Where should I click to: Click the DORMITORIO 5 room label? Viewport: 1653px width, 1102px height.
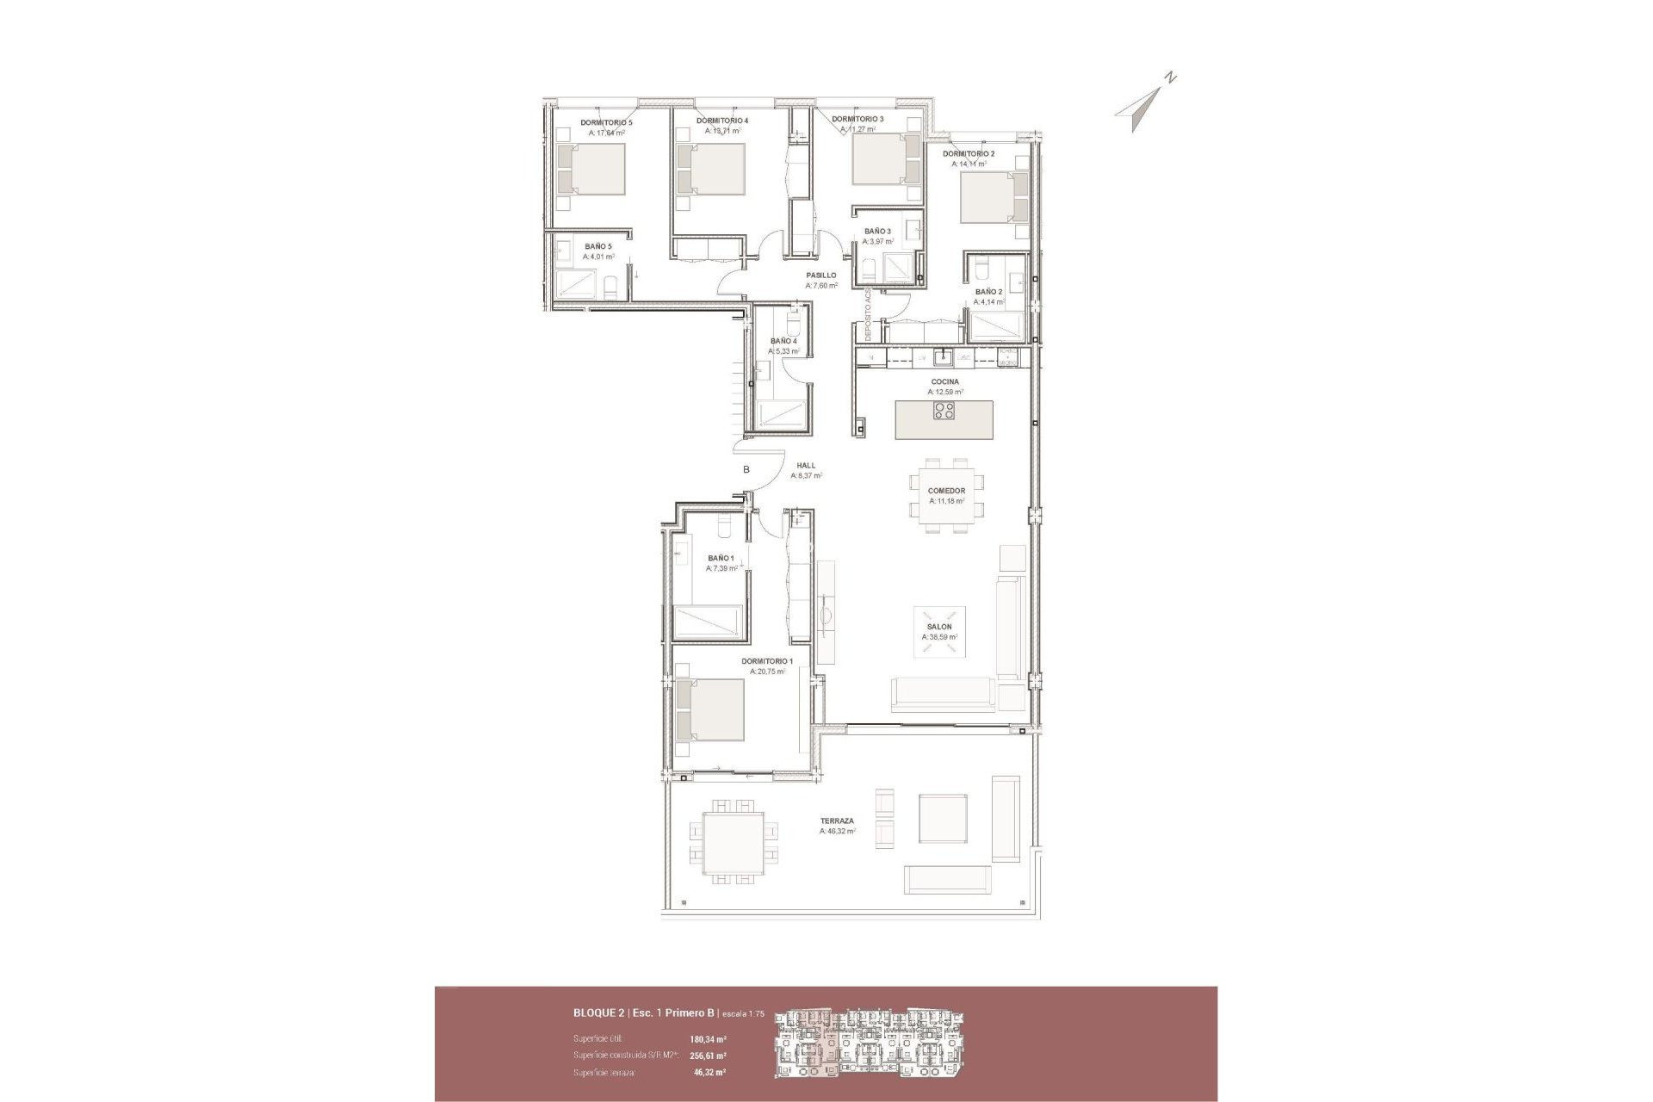click(x=606, y=123)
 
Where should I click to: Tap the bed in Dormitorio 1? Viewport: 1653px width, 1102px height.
click(x=710, y=710)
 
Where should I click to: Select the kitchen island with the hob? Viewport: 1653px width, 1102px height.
click(x=944, y=420)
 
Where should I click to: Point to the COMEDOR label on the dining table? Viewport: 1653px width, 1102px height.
click(x=946, y=491)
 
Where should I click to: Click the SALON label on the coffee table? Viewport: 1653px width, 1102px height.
click(x=939, y=627)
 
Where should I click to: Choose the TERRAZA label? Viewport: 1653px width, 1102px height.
click(x=837, y=821)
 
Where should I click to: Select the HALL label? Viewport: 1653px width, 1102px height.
click(x=806, y=466)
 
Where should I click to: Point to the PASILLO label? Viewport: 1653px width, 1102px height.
click(x=820, y=275)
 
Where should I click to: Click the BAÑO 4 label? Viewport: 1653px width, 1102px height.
click(x=783, y=341)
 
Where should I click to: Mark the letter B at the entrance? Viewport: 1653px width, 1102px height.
click(x=746, y=470)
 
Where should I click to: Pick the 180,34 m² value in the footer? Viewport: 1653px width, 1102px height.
click(x=709, y=1039)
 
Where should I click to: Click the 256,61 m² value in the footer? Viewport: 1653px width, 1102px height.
click(x=709, y=1056)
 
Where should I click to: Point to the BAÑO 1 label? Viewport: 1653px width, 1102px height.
click(x=721, y=558)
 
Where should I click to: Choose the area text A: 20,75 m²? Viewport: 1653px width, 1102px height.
click(x=767, y=672)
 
